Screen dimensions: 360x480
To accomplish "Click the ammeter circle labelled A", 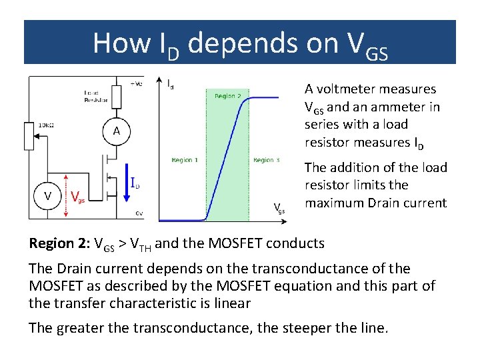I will pyautogui.click(x=116, y=131).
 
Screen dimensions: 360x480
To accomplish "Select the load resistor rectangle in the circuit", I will pyautogui.click(x=116, y=97).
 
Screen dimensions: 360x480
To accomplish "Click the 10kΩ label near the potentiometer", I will pyautogui.click(x=45, y=124).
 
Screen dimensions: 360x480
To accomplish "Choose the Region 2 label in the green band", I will pyautogui.click(x=228, y=96).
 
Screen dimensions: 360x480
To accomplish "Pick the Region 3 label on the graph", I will pyautogui.click(x=266, y=160).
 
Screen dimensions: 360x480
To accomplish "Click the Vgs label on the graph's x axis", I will pyautogui.click(x=280, y=208).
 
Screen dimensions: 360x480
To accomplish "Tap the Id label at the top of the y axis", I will pyautogui.click(x=171, y=83).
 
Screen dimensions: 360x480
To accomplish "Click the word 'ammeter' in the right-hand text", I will pyautogui.click(x=389, y=107).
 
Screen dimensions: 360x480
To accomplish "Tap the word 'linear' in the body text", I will pyautogui.click(x=230, y=303).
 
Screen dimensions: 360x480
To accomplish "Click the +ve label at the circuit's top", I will pyautogui.click(x=135, y=83).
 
